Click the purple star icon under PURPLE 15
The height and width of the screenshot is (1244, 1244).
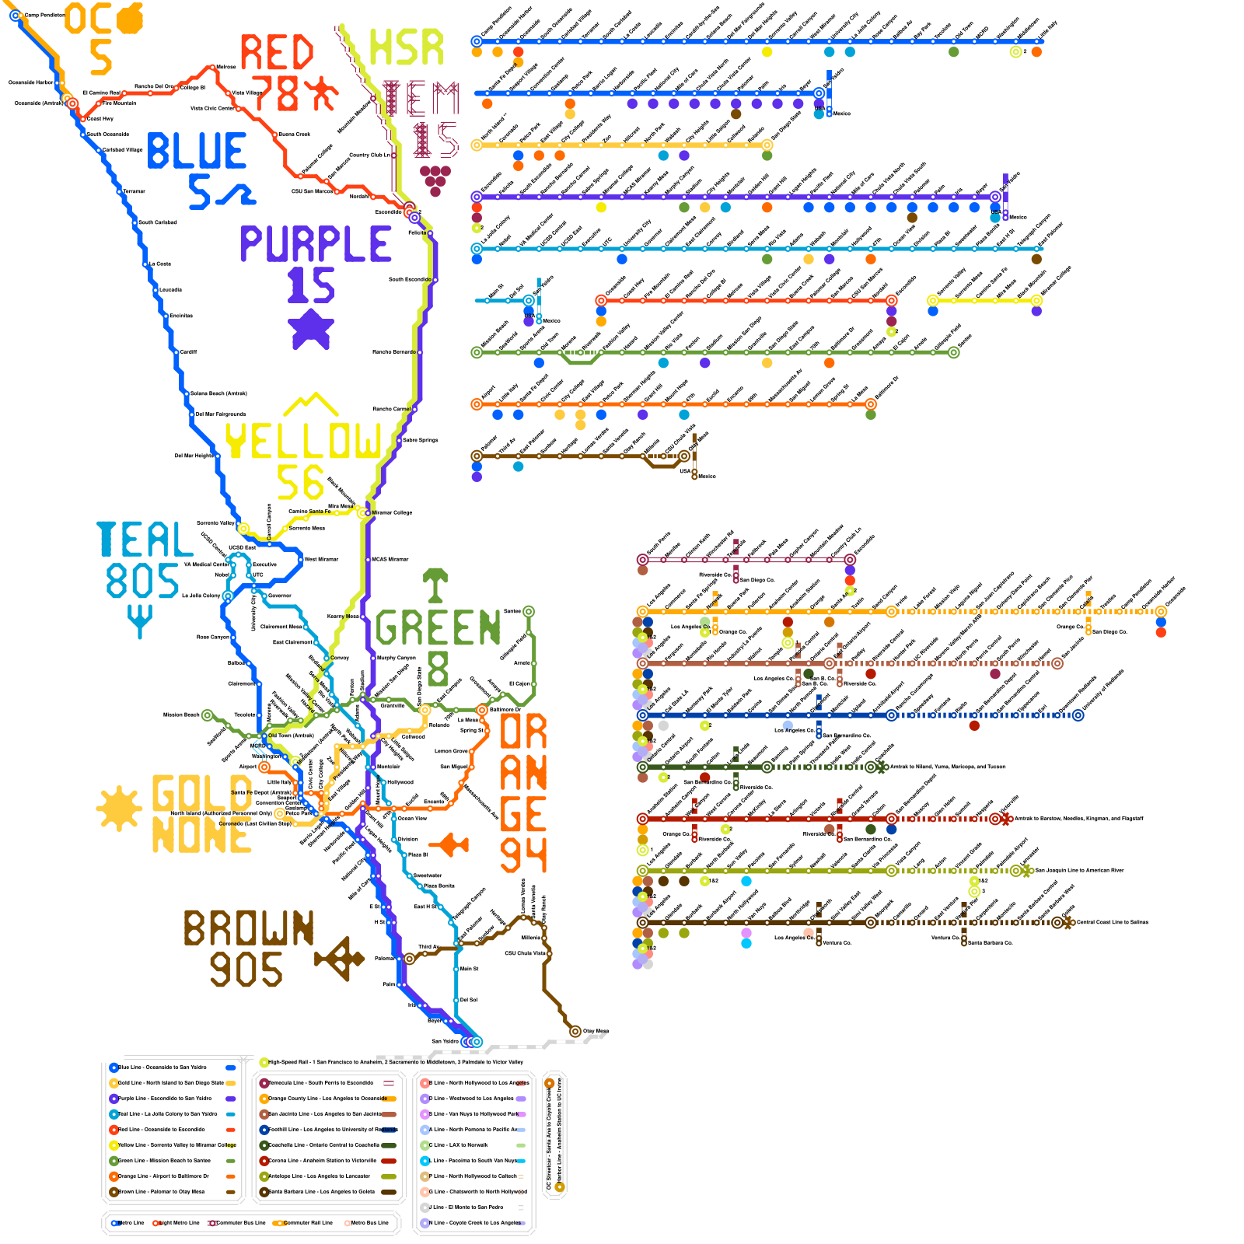[x=311, y=329]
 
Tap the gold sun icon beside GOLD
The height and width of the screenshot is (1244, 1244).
[x=119, y=808]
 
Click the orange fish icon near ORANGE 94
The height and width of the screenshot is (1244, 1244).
[x=450, y=844]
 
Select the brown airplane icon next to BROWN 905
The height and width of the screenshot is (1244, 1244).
[x=339, y=958]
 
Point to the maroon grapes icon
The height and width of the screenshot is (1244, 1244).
[x=435, y=179]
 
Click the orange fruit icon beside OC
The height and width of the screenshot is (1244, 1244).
[x=130, y=19]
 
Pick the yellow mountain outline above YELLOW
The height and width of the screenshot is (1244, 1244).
[x=310, y=404]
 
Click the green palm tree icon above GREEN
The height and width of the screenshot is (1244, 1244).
[x=435, y=585]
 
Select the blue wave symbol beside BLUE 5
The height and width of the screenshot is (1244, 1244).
[x=234, y=194]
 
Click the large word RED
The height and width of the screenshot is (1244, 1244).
[x=276, y=53]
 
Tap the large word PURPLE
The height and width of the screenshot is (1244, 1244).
[x=316, y=244]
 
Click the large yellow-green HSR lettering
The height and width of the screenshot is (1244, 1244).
[x=406, y=47]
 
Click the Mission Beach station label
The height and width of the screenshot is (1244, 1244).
[x=181, y=715]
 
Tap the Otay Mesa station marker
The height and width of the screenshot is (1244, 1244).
[x=575, y=1032]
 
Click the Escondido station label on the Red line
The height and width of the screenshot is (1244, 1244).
[x=389, y=211]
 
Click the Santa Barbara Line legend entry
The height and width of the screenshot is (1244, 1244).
[x=327, y=1192]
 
